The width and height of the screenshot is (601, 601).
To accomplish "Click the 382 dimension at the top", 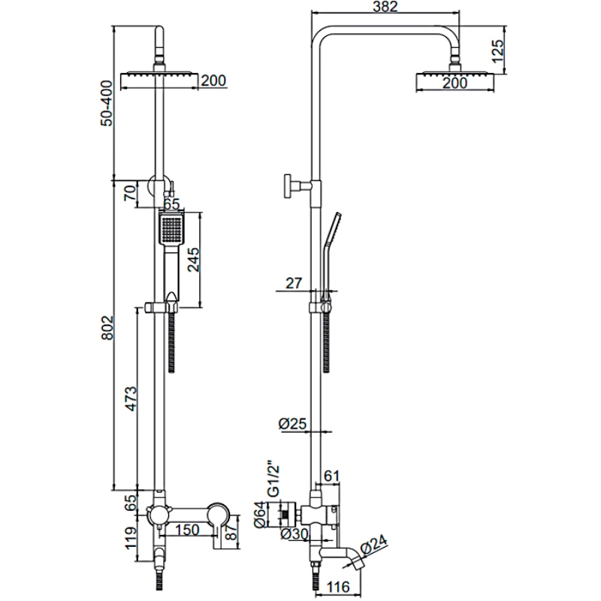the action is pos(385,6).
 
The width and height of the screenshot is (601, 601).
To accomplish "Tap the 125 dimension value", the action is pos(497,51).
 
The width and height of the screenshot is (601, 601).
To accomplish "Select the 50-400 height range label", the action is pos(107,103).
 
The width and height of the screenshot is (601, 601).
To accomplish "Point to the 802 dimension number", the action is pos(107,328).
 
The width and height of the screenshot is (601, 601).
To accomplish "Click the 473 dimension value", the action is pos(131,399).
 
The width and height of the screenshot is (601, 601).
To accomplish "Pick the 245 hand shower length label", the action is pos(193,260).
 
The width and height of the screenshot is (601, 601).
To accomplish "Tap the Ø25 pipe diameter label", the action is pos(293,424).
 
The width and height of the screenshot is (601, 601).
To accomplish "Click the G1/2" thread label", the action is pos(273,481).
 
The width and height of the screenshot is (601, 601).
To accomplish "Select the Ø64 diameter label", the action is pos(260,514).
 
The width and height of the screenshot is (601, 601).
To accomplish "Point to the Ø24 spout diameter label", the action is pos(374,545).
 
